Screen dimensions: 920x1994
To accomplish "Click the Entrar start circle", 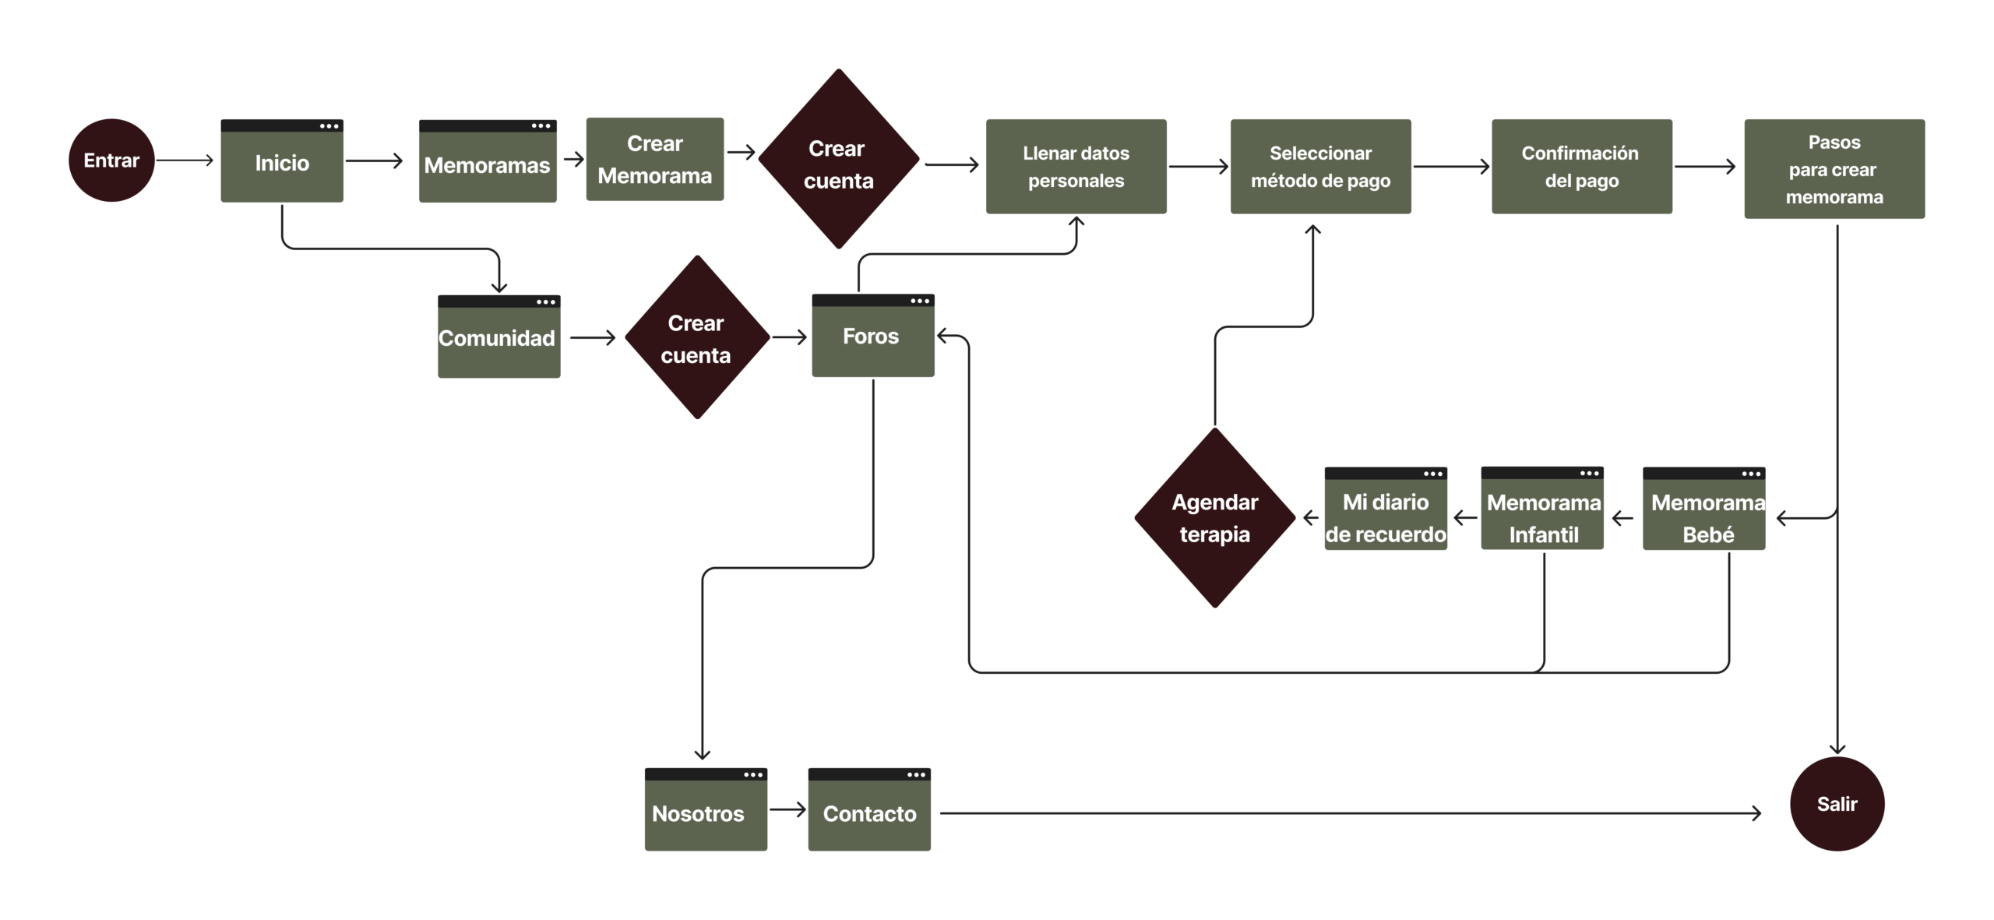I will tap(111, 160).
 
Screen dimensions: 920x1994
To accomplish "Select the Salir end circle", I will tap(1837, 803).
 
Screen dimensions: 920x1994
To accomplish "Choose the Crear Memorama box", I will tap(654, 160).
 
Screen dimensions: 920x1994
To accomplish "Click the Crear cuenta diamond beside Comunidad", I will tap(696, 338).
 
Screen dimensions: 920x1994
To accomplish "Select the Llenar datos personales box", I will tap(1076, 167).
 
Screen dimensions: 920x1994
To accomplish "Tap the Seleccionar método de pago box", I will tap(1320, 167).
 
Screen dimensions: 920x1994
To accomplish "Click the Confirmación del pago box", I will tap(1581, 167).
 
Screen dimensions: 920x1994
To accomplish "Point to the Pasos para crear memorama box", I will tap(1834, 169).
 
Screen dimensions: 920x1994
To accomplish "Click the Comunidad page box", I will tap(499, 338).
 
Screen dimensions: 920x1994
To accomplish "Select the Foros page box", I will tap(872, 337).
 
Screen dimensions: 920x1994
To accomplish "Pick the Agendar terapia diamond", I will tap(1214, 517).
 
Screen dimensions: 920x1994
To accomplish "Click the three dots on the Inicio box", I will tap(329, 125).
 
